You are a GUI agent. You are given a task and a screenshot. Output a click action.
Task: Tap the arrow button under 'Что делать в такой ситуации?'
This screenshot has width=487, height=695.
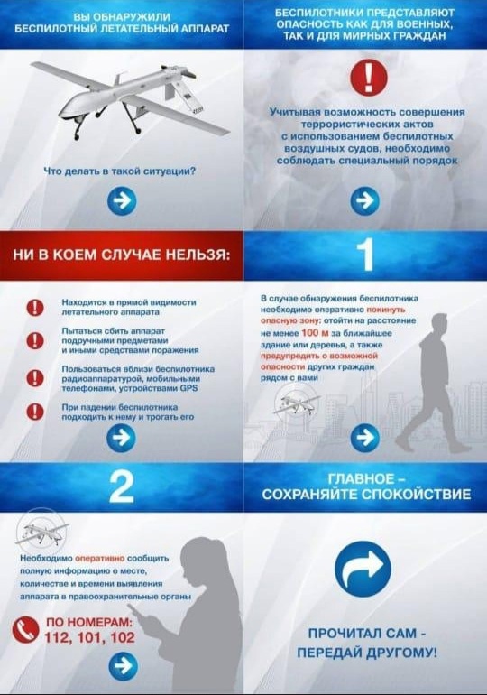click(122, 201)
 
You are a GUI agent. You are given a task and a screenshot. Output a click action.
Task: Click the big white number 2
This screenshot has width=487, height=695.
click(121, 487)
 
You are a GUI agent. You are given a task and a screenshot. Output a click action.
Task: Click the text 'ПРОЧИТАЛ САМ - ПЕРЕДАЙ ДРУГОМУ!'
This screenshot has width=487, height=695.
click(365, 642)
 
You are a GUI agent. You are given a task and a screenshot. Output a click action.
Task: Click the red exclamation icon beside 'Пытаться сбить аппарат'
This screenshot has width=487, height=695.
click(36, 340)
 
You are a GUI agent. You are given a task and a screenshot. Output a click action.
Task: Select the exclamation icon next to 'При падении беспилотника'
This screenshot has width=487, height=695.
click(36, 412)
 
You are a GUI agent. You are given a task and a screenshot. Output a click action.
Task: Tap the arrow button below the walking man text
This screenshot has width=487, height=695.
click(364, 438)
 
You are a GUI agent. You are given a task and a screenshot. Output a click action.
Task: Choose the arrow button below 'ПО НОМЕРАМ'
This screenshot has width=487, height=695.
click(122, 667)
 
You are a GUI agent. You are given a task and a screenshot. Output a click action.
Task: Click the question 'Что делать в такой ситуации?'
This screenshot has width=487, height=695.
click(122, 171)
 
